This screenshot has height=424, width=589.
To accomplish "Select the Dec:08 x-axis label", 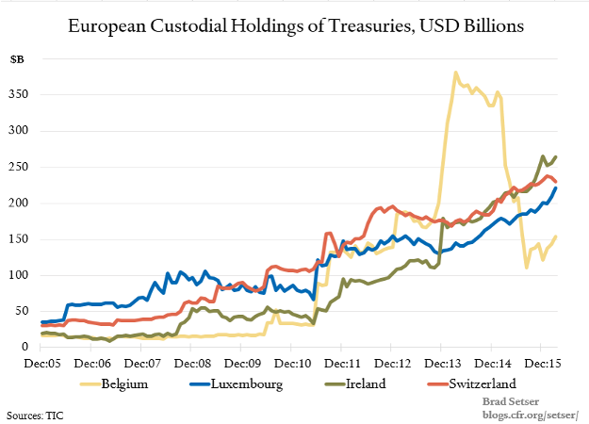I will pos(191,362).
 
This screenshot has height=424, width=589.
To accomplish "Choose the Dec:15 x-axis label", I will pos(541,362).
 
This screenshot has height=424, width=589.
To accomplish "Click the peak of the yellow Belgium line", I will pos(456,73).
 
